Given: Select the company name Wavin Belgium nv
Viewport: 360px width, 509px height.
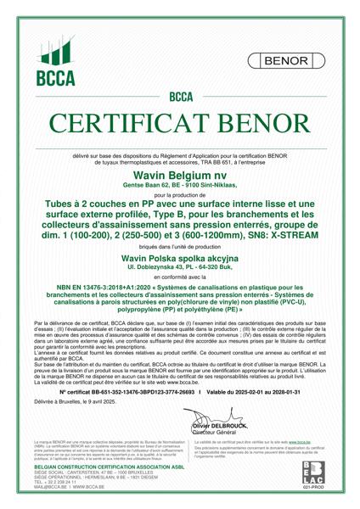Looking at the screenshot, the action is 180,173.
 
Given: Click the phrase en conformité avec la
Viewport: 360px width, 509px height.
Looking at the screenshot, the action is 180,277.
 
